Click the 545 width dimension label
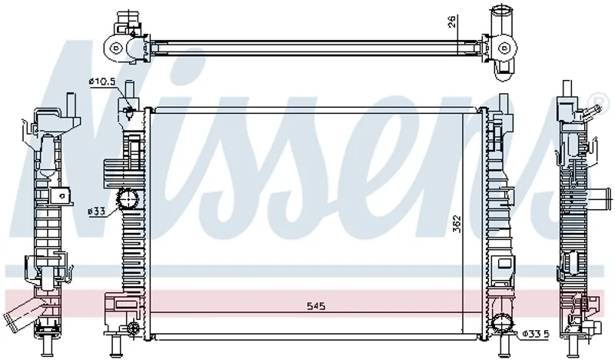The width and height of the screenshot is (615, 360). (316, 306)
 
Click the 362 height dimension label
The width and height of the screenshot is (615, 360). (457, 224)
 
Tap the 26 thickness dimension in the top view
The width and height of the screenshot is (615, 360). (452, 22)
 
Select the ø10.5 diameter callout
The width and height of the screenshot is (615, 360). (102, 82)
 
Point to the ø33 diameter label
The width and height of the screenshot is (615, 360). (97, 212)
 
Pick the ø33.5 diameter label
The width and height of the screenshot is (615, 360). (536, 334)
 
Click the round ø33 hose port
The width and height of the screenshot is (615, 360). (128, 199)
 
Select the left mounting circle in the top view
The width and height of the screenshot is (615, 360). (115, 48)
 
